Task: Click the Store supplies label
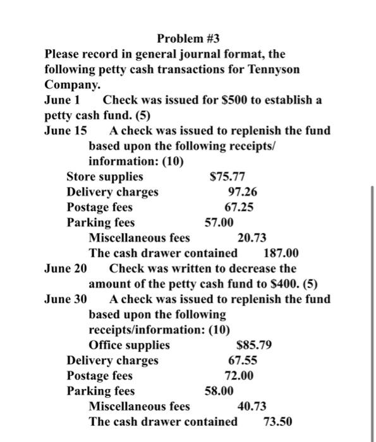click(x=104, y=177)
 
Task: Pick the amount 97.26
click(x=242, y=192)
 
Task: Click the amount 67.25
click(x=240, y=207)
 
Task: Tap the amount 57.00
click(x=219, y=222)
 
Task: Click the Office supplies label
click(x=129, y=345)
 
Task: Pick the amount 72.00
click(x=240, y=376)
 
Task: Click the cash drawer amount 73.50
click(x=277, y=421)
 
